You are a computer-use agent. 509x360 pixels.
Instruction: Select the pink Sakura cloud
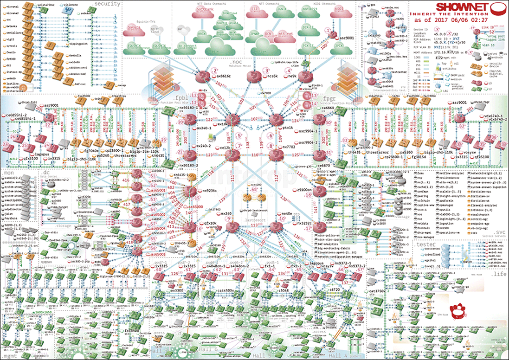[132, 29]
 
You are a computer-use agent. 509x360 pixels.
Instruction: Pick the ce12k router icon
[232, 154]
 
